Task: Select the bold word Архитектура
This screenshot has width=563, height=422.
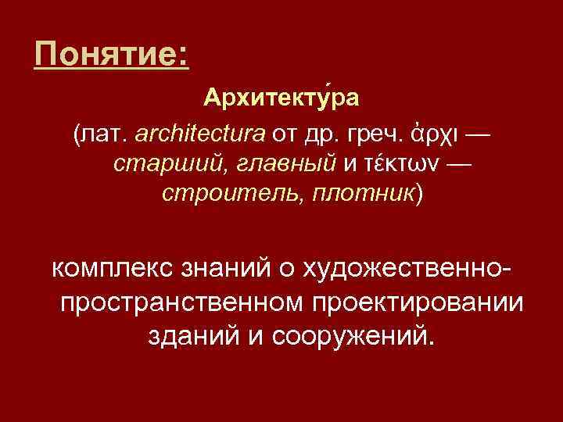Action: (x=281, y=100)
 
